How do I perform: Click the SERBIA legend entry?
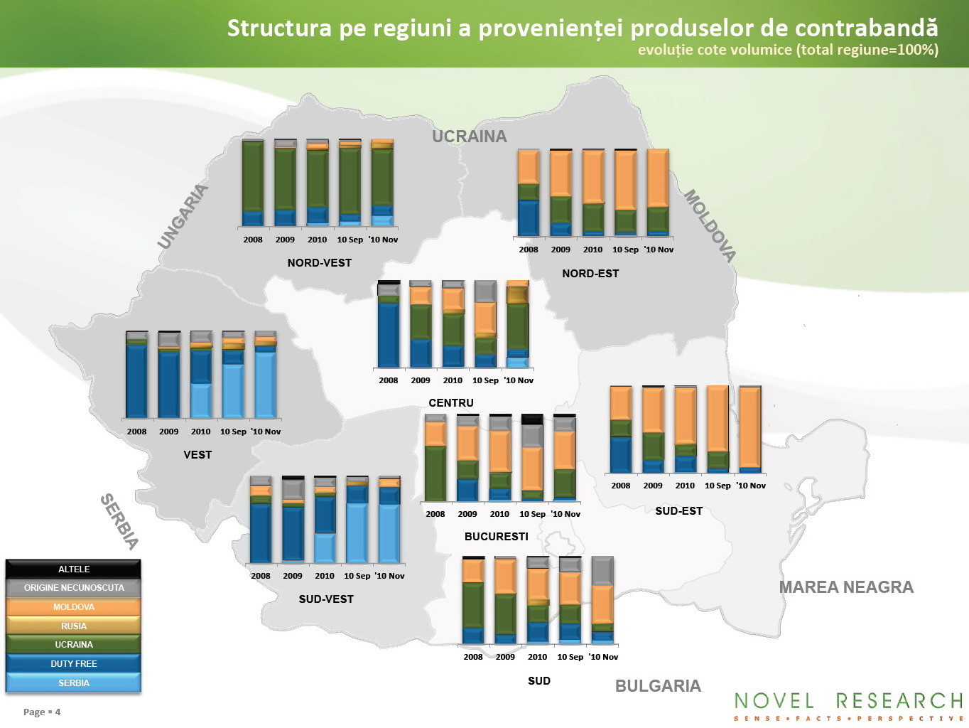click(73, 682)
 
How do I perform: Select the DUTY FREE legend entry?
click(73, 663)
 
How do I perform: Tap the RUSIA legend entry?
click(73, 626)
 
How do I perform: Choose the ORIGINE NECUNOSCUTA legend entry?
click(73, 587)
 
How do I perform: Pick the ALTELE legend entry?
click(73, 569)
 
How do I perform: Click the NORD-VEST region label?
click(320, 263)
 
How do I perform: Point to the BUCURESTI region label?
click(496, 536)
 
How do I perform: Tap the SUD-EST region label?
click(678, 511)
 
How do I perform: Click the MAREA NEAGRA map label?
click(846, 587)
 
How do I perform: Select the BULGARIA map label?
click(658, 686)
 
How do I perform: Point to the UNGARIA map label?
click(183, 216)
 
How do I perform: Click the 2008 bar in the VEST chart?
click(136, 374)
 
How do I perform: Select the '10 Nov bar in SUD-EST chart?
click(750, 429)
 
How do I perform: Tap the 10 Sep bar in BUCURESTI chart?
click(532, 457)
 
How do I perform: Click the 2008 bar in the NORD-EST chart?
click(529, 193)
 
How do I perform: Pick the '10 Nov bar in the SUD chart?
click(602, 600)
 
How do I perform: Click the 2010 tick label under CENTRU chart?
click(453, 380)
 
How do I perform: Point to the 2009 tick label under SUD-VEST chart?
click(292, 576)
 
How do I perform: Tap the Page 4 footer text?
click(42, 712)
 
